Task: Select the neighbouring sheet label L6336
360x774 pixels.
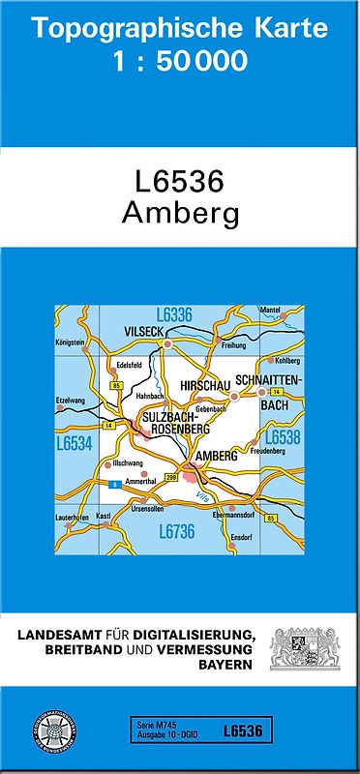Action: (x=174, y=314)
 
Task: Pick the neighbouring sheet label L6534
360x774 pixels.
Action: (x=74, y=444)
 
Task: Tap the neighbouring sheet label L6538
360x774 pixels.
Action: (x=282, y=437)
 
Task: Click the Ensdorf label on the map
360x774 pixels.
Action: (x=241, y=538)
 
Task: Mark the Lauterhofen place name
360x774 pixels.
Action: (x=73, y=519)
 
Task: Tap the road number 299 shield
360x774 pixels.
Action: (x=172, y=478)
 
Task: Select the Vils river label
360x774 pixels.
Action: (x=202, y=495)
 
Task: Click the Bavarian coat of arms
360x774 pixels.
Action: (x=300, y=648)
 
